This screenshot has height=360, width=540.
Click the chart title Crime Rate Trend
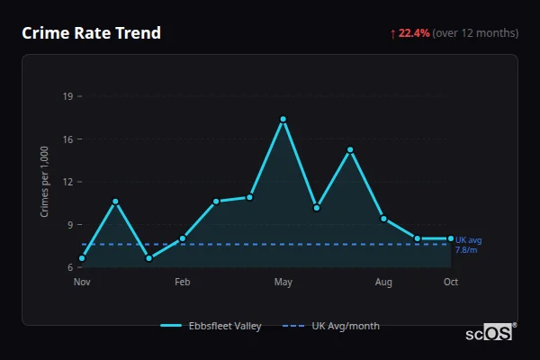tap(91, 33)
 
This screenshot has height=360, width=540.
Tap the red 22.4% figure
tap(414, 33)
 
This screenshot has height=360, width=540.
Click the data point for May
tap(283, 119)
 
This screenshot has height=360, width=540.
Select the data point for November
tap(82, 258)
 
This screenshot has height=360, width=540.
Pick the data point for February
tap(183, 238)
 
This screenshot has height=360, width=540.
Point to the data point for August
tap(383, 219)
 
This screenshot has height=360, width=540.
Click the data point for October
tap(451, 238)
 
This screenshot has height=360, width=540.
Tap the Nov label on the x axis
tap(82, 283)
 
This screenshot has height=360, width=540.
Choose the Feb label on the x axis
tap(183, 283)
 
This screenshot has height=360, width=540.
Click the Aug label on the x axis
tap(383, 283)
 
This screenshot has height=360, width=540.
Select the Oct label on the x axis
tap(451, 283)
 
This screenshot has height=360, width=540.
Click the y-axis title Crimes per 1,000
tap(45, 182)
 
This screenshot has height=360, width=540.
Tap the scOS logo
tap(489, 333)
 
